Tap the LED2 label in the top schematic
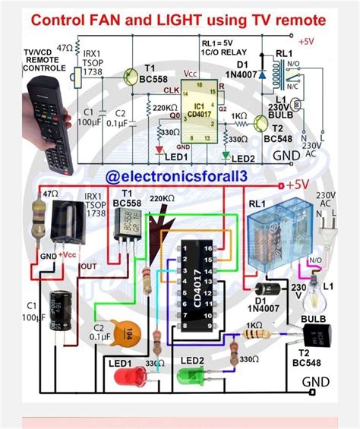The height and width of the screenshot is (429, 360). (x=244, y=157)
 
